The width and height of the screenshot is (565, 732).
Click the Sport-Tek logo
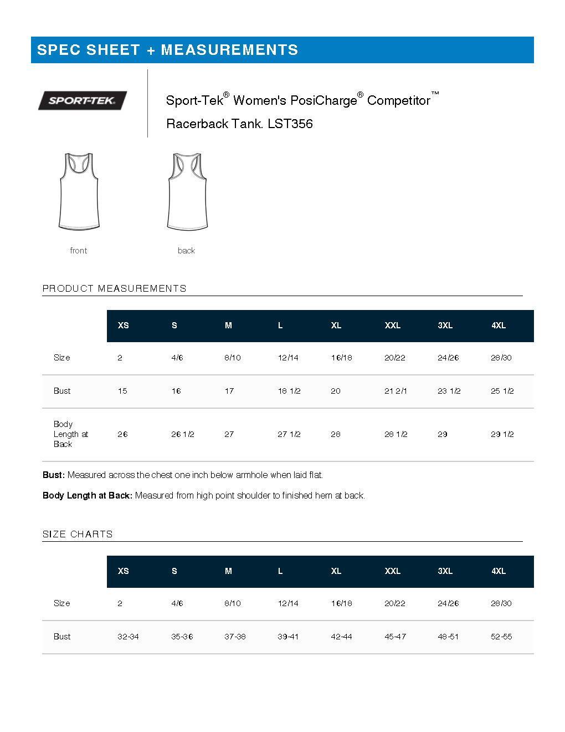pyautogui.click(x=82, y=100)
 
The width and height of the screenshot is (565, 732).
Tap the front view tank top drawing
pyautogui.click(x=79, y=191)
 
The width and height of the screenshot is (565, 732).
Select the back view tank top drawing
pyautogui.click(x=187, y=191)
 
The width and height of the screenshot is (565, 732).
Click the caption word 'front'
pyautogui.click(x=79, y=251)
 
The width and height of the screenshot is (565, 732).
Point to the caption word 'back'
pyautogui.click(x=186, y=251)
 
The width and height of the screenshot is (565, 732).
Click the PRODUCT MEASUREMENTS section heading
pyautogui.click(x=114, y=288)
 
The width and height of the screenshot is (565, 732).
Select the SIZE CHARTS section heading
pyautogui.click(x=78, y=534)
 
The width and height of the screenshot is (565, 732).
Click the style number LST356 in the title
pyautogui.click(x=290, y=124)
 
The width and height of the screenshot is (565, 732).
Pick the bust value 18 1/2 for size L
pyautogui.click(x=289, y=391)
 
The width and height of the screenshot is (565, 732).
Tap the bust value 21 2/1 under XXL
pyautogui.click(x=395, y=391)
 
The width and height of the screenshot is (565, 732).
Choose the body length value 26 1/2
pyautogui.click(x=182, y=434)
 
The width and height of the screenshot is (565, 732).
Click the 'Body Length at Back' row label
pyautogui.click(x=70, y=434)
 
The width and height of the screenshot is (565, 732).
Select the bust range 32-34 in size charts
pyautogui.click(x=128, y=637)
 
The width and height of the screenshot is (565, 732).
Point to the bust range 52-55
pyautogui.click(x=501, y=637)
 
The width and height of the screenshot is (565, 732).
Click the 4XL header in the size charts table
pyautogui.click(x=499, y=571)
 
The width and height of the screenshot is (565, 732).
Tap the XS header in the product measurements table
pyautogui.click(x=123, y=326)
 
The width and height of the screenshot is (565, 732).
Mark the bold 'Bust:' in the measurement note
pyautogui.click(x=54, y=475)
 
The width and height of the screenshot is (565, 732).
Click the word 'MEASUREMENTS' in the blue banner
pyautogui.click(x=229, y=50)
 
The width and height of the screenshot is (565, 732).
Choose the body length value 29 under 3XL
pyautogui.click(x=443, y=434)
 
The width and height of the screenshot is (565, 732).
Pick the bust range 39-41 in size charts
pyautogui.click(x=288, y=637)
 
